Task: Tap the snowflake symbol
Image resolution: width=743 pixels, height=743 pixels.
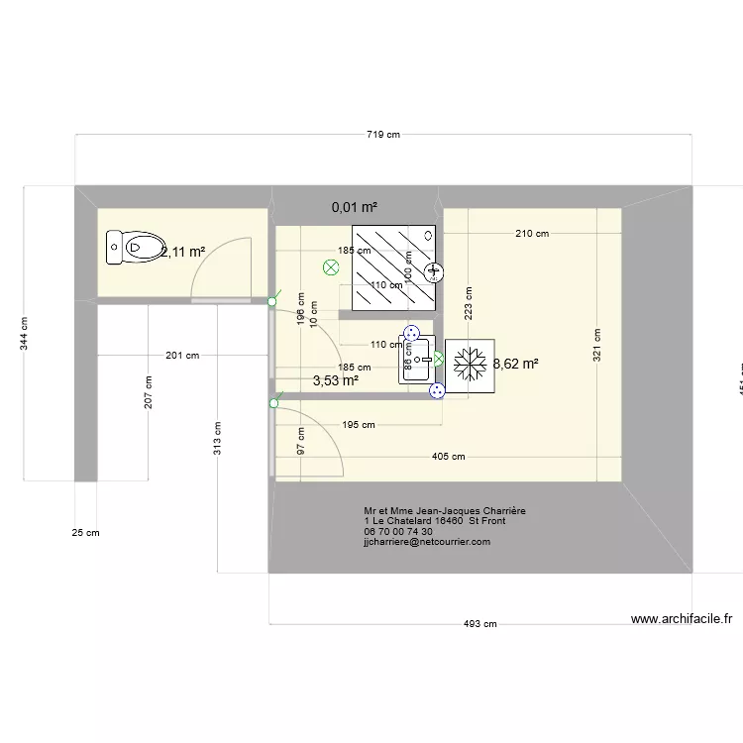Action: click(x=469, y=365)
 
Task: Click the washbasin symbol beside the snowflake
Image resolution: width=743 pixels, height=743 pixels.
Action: click(x=412, y=358)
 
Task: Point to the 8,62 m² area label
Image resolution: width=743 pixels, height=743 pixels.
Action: click(x=516, y=365)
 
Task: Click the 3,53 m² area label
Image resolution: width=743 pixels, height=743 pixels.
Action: click(x=335, y=379)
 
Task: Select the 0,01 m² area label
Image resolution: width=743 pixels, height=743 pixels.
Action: click(x=355, y=207)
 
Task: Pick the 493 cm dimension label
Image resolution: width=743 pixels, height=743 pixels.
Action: click(x=481, y=624)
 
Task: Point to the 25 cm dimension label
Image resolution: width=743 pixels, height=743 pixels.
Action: click(x=86, y=533)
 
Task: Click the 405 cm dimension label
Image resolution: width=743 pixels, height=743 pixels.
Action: click(x=449, y=457)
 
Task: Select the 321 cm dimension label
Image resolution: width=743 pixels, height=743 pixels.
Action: click(x=597, y=345)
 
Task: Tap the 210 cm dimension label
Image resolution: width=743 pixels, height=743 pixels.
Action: click(x=532, y=235)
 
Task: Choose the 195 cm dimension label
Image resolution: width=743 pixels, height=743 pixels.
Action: click(x=359, y=425)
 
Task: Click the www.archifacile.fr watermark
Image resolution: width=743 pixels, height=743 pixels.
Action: click(x=682, y=619)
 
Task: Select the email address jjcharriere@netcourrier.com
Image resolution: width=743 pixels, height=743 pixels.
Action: click(x=427, y=543)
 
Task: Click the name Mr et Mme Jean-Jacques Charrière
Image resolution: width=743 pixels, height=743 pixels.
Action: click(x=445, y=511)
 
